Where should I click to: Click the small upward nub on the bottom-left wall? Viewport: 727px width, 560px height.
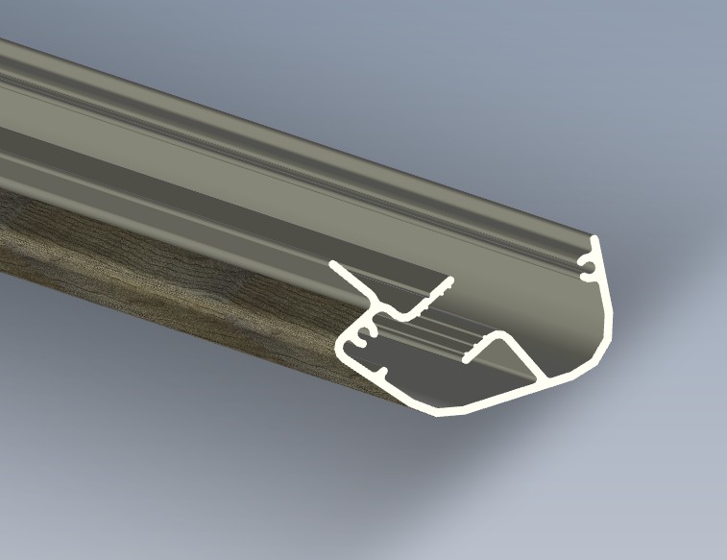pyautogui.click(x=383, y=370)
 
